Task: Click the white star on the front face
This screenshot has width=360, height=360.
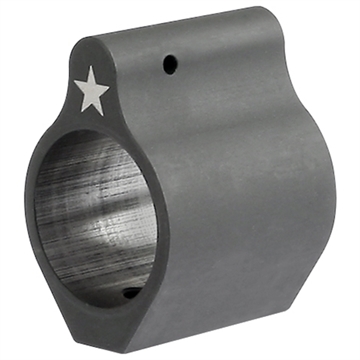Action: pyautogui.click(x=92, y=94)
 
